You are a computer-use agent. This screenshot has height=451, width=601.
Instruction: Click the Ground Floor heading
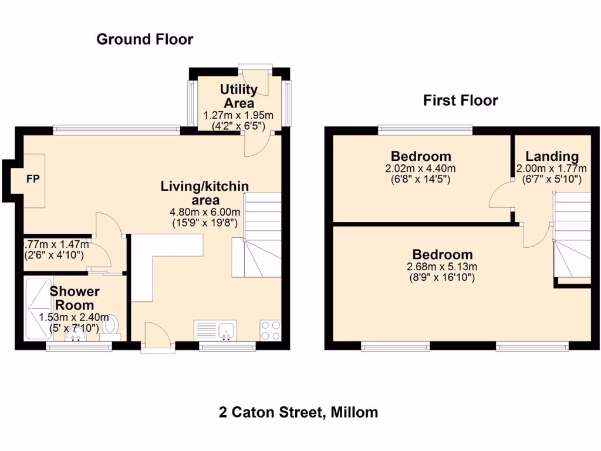144,39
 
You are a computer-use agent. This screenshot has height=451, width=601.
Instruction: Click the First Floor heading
461,100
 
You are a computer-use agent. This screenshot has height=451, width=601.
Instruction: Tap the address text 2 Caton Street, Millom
298,412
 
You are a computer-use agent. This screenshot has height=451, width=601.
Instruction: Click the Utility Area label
238,96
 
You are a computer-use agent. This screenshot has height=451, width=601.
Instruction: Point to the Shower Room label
74,298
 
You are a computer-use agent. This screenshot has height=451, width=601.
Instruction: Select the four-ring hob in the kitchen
270,331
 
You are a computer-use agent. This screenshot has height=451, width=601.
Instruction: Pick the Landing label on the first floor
552,156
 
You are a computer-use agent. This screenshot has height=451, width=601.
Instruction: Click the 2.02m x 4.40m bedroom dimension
421,169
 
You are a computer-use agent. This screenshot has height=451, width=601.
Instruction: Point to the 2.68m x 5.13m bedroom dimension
442,267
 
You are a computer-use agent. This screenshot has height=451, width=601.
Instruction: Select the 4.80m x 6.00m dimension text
205,212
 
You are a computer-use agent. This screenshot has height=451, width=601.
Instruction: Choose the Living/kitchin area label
205,193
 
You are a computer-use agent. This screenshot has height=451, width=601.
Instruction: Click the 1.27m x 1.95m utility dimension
238,115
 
